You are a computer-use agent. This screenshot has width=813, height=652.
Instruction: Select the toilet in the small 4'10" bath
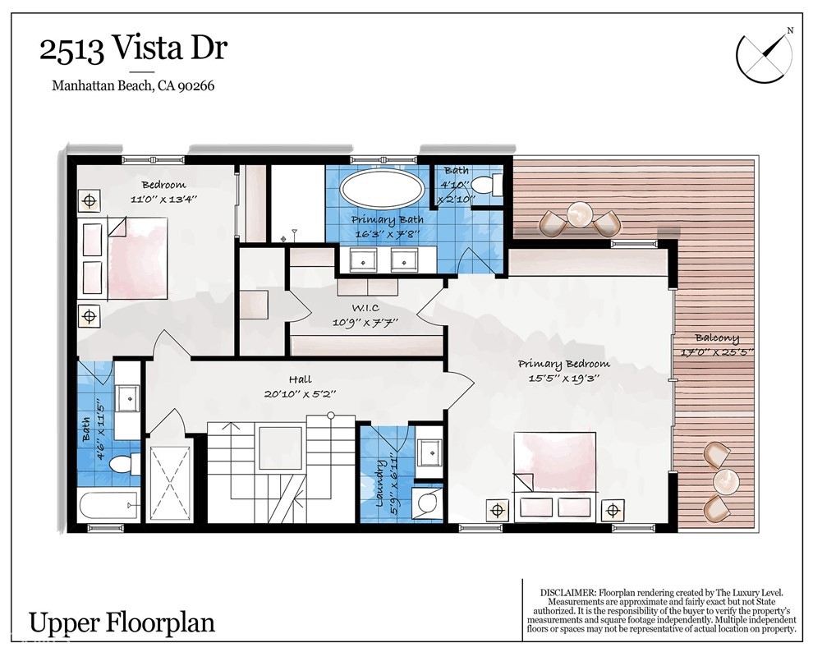click(492, 186)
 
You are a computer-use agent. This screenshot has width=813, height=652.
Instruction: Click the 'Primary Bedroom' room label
click(563, 365)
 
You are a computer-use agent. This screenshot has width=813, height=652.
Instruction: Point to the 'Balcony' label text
click(716, 337)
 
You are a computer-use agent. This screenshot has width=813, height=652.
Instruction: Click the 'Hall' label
click(301, 380)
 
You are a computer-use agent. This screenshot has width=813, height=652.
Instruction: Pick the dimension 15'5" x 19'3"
click(563, 379)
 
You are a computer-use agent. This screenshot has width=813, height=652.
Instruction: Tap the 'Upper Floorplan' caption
click(122, 622)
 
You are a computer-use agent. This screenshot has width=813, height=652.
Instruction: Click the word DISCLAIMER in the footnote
click(568, 592)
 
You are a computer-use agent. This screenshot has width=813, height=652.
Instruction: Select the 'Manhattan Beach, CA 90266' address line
click(133, 85)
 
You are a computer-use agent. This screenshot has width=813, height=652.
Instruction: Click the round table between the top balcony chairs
click(580, 215)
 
